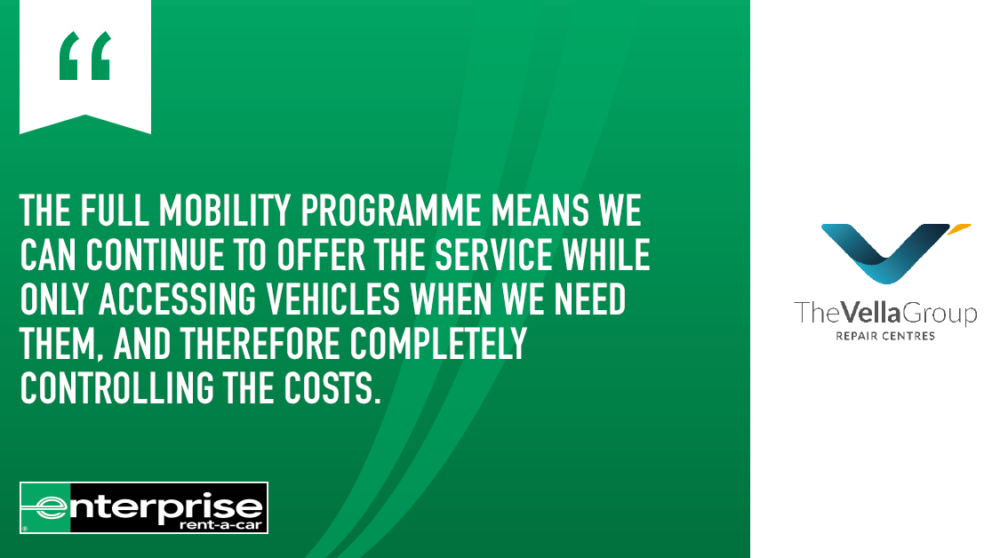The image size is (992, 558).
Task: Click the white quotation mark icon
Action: point(85,67)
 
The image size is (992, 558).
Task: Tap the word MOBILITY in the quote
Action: point(225,210)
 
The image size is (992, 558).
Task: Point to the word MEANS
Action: point(540,210)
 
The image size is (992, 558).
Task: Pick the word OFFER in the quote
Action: point(321,255)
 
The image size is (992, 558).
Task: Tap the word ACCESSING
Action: point(177,299)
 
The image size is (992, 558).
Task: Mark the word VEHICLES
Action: point(332,299)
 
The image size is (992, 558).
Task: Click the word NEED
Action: point(590,299)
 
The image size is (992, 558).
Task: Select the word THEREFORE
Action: point(260,344)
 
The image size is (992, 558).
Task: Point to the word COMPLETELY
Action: point(438,344)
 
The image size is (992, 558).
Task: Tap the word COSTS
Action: point(332,387)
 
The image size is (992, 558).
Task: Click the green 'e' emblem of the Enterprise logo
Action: point(45,507)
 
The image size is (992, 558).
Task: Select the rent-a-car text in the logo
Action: point(220,524)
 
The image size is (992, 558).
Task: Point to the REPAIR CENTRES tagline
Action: point(885,336)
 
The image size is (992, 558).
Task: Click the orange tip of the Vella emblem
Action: point(960,227)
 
